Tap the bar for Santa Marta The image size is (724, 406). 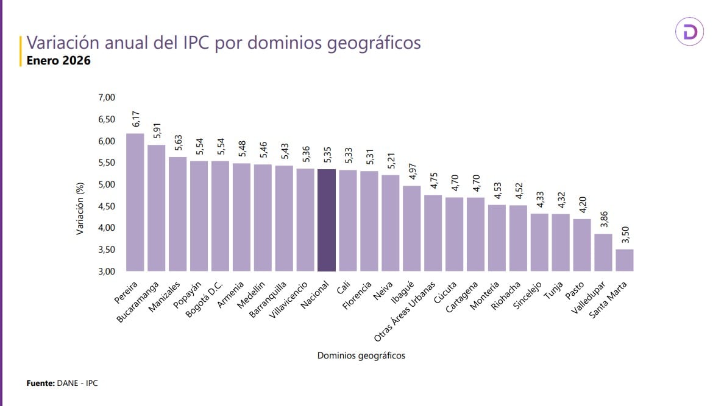point(624,260)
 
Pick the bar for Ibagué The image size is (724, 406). point(411,228)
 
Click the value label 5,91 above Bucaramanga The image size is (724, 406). point(157,131)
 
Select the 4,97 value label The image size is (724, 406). point(412,172)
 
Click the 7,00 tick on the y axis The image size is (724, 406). point(106,97)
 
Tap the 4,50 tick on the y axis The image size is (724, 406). point(106,206)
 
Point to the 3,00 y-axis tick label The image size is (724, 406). point(106,271)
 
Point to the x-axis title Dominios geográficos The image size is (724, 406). point(361,355)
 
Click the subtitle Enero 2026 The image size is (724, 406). point(58,60)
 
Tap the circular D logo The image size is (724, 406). point(690,32)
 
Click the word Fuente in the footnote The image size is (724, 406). point(40,383)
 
